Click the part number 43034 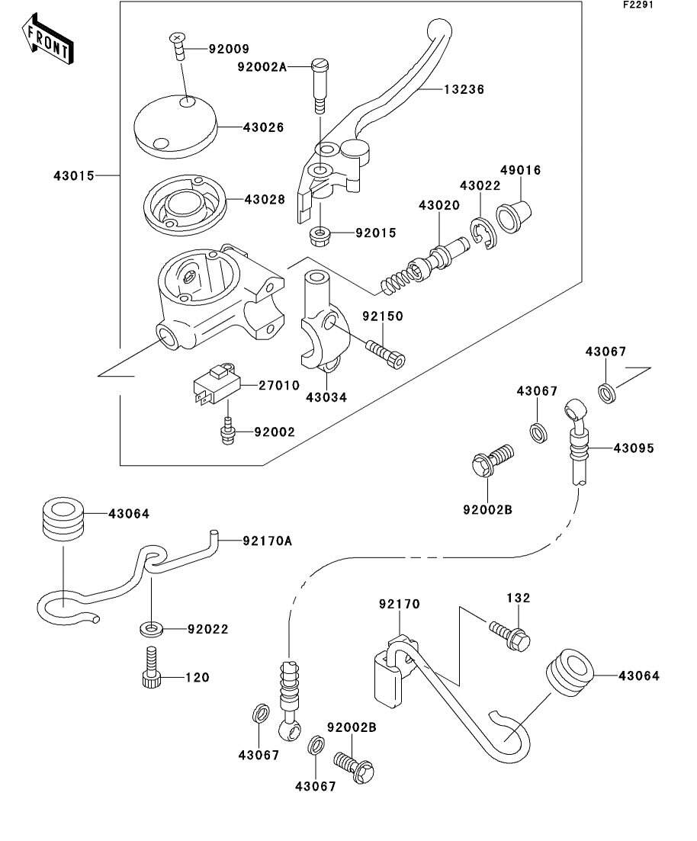coord(326,396)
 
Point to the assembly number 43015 coord(74,176)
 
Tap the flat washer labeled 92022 coord(151,629)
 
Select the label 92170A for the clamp coord(267,541)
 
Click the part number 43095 coord(633,448)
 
